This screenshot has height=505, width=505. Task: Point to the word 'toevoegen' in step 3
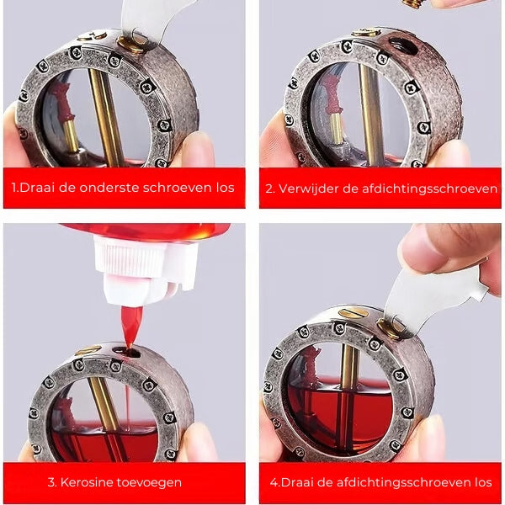149,483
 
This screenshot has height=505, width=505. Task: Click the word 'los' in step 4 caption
482,482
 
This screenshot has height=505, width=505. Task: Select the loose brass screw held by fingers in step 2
413,4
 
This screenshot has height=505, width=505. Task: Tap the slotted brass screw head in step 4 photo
353,312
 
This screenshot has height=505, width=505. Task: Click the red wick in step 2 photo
332,94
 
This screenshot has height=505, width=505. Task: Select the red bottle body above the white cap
146,231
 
